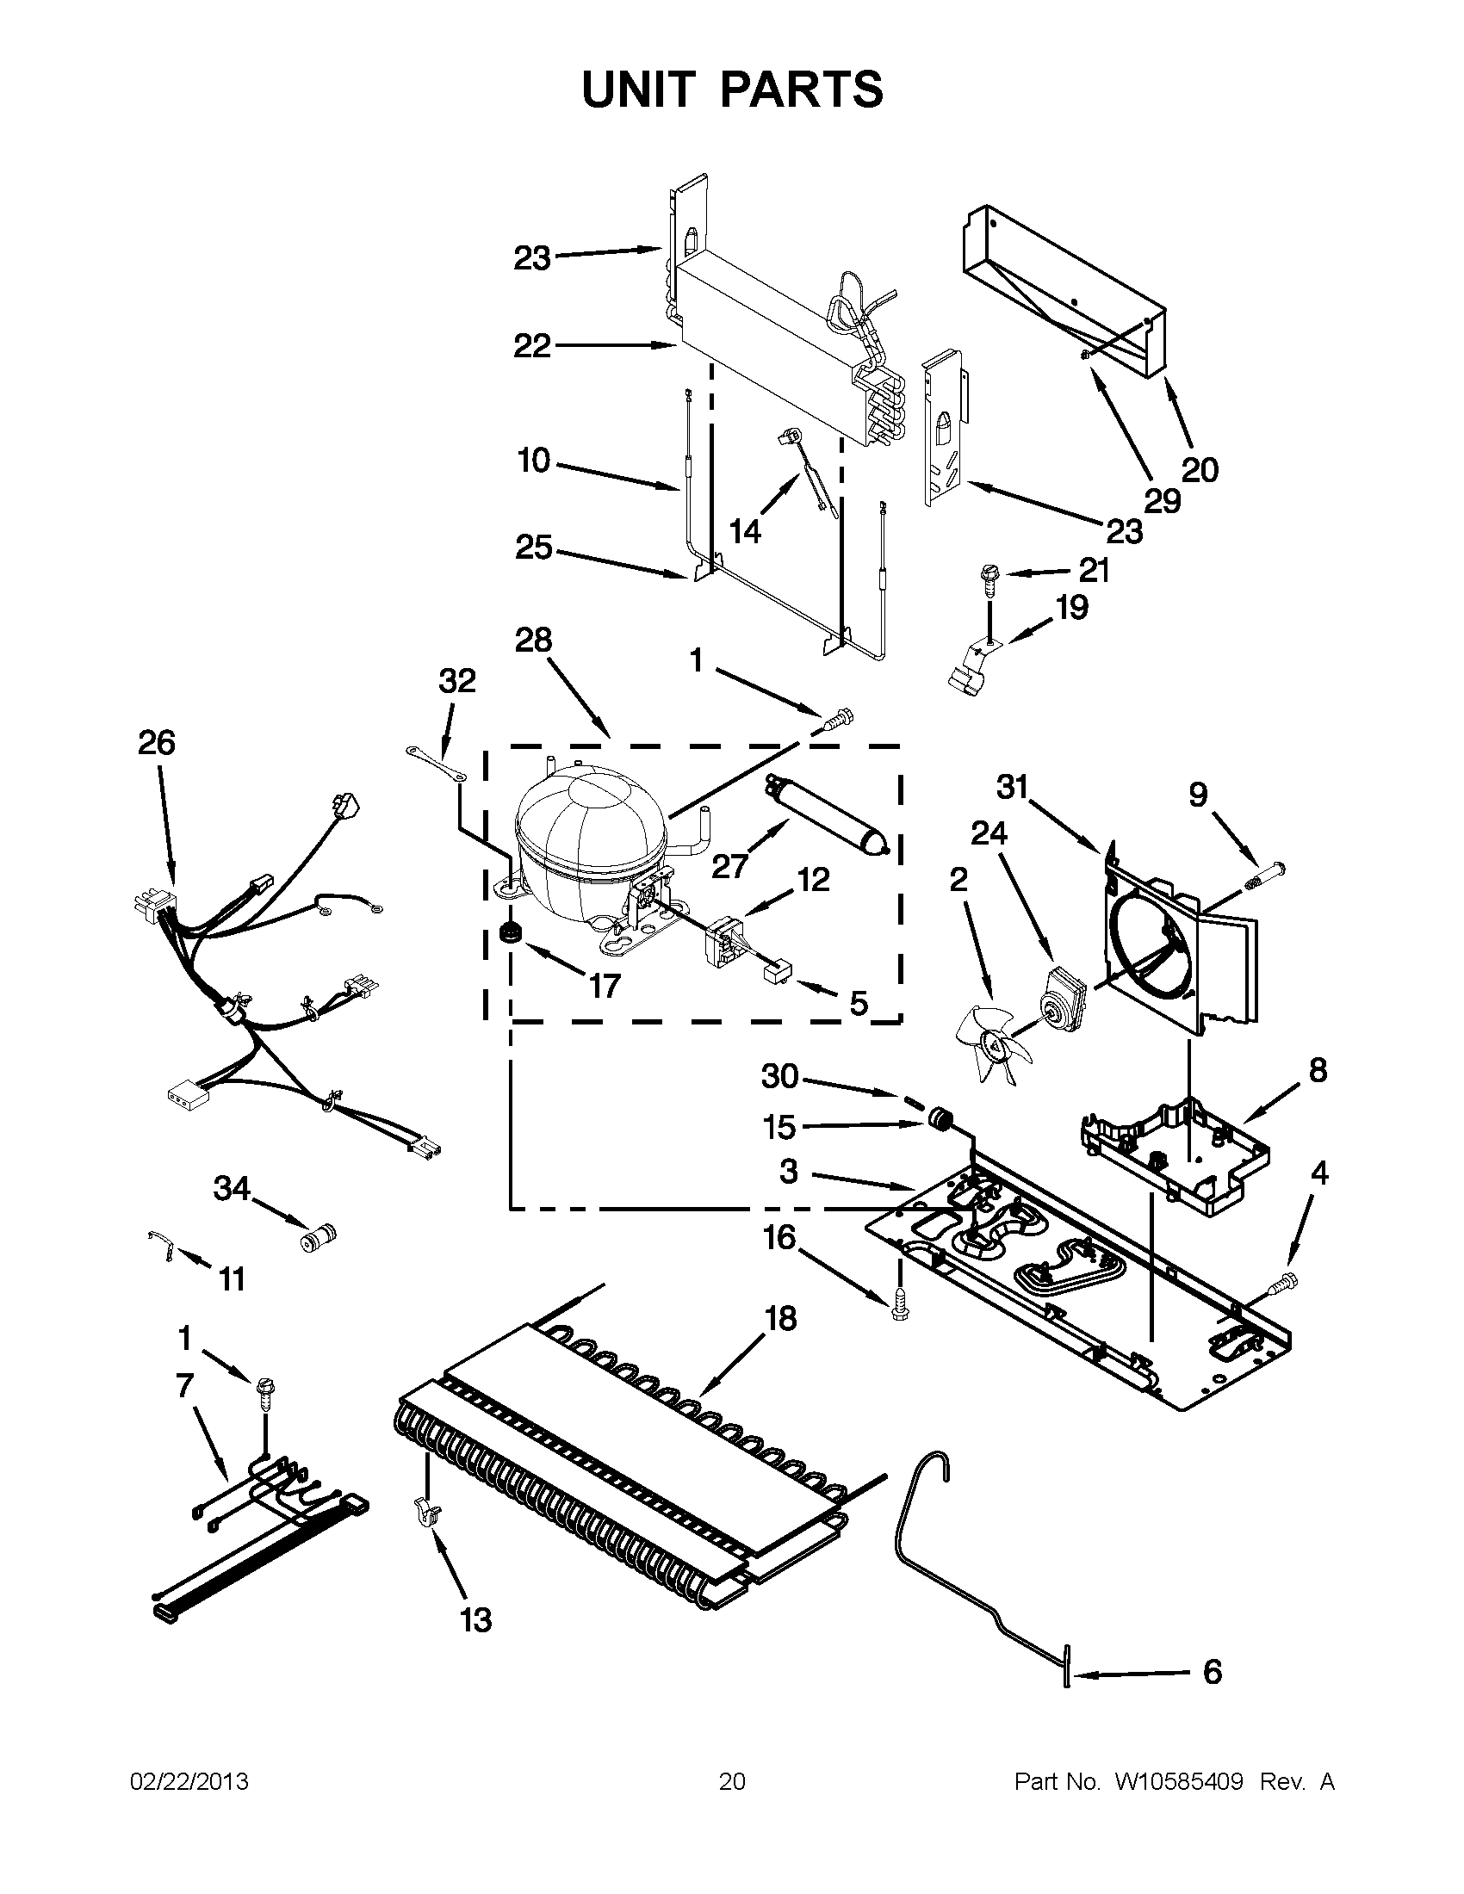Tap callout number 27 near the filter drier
point(729,864)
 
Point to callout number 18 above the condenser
point(780,1319)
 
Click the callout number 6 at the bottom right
point(1212,1671)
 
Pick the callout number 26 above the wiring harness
point(156,743)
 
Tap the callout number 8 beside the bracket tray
point(1318,1071)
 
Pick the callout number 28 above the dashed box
point(532,641)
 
